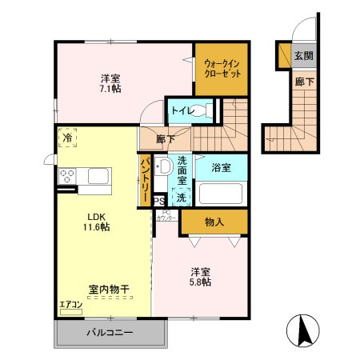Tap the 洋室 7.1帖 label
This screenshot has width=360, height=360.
(110, 83)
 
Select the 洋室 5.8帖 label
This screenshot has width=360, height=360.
(201, 276)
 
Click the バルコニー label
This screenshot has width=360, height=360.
(109, 333)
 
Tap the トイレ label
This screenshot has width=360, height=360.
(179, 110)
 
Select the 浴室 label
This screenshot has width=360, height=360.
(222, 168)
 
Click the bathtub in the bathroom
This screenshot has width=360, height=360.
(222, 194)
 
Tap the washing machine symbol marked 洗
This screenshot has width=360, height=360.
(181, 197)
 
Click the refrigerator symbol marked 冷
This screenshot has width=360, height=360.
(67, 138)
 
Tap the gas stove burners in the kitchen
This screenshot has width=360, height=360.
(66, 174)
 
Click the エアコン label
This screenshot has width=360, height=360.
(70, 303)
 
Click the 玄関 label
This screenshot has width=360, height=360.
(302, 56)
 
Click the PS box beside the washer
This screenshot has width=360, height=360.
(159, 201)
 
